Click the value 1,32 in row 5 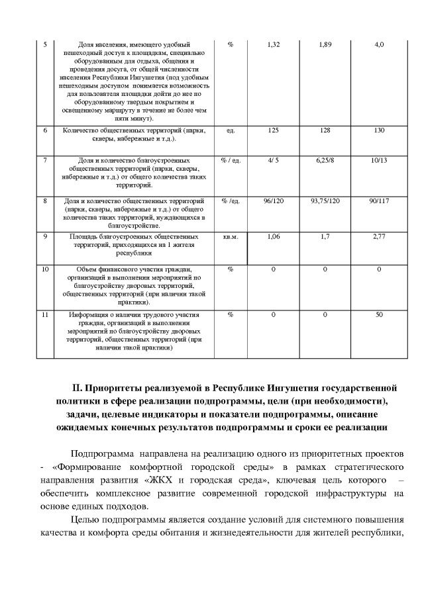273,44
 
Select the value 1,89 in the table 325,44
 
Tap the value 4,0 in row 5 379,44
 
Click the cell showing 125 273,130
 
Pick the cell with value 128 325,130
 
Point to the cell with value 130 379,130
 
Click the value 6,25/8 325,160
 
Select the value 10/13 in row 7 379,160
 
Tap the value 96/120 273,200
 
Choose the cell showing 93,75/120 325,200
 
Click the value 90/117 379,200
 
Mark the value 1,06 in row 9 273,236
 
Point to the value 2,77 379,236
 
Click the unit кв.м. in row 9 231,236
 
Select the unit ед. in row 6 231,131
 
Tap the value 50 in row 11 379,314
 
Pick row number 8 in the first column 44,200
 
